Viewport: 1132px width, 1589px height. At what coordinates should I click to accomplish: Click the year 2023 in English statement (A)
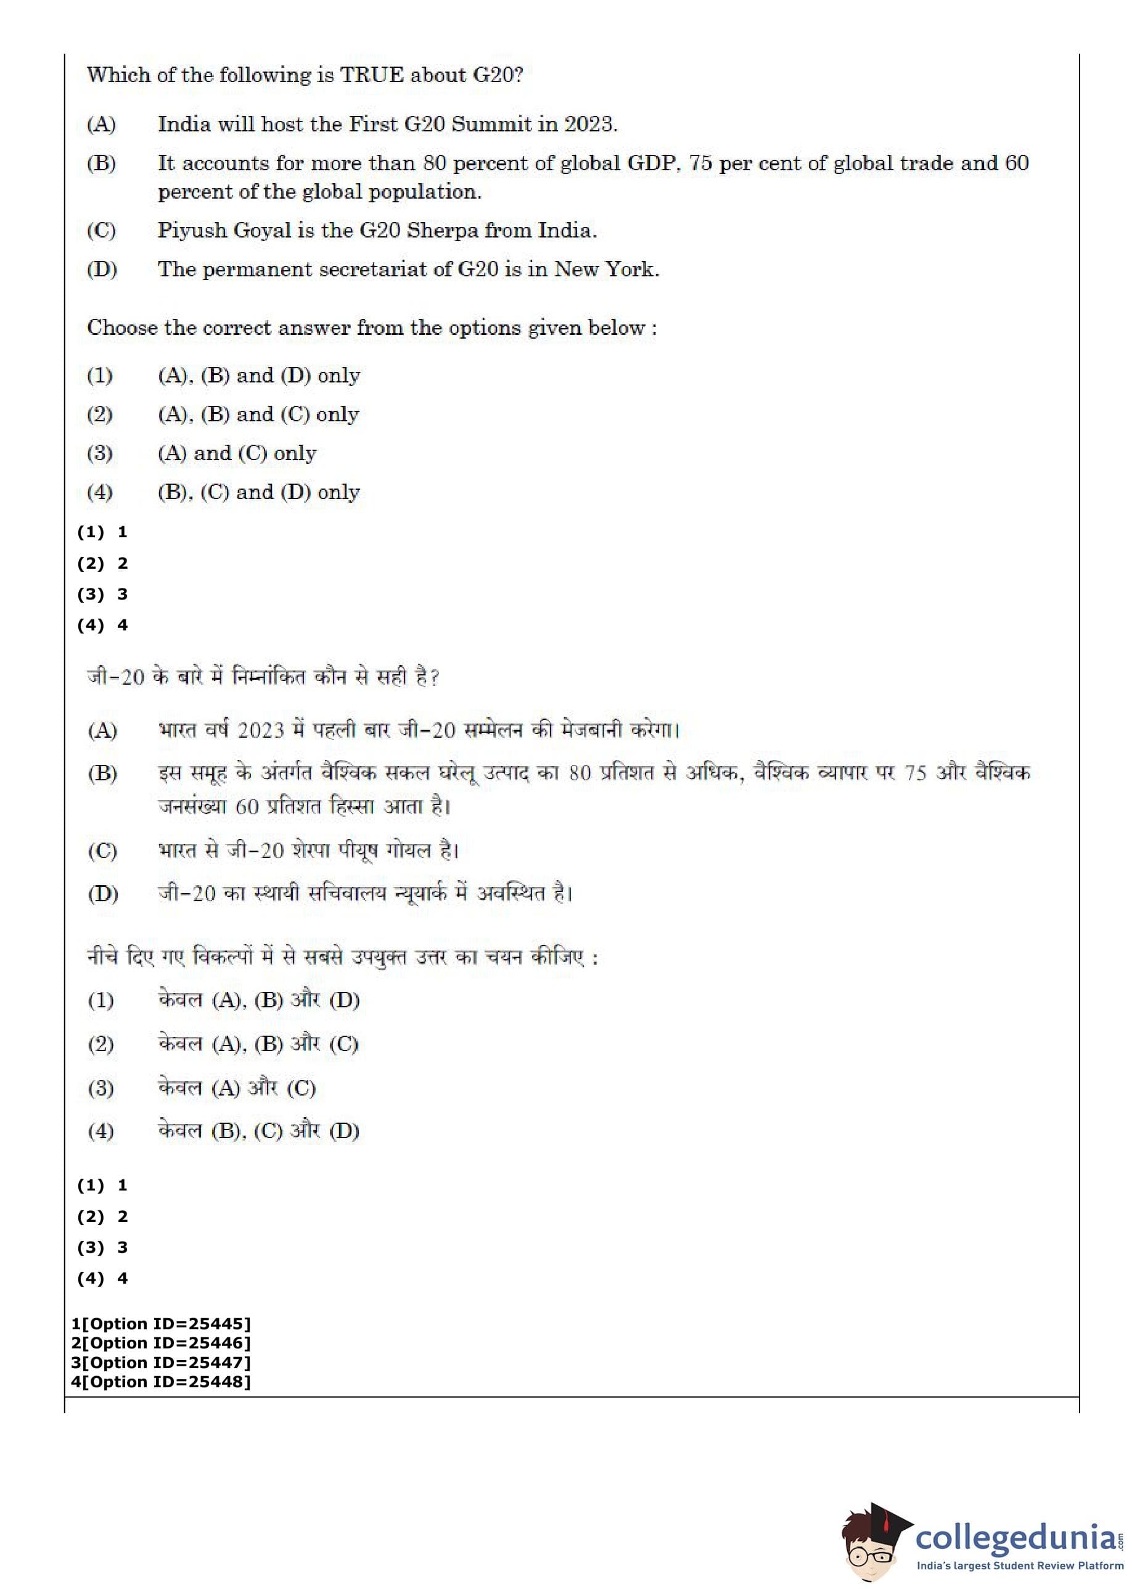[x=589, y=124]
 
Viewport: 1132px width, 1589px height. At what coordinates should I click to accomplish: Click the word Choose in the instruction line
[x=122, y=328]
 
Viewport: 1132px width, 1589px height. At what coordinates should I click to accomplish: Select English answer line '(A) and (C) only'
[x=237, y=453]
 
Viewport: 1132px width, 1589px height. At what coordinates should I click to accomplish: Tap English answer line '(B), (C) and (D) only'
[x=258, y=492]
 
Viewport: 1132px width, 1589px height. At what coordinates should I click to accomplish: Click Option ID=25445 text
[x=160, y=1323]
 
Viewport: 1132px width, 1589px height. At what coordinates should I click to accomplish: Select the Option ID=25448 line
[x=160, y=1381]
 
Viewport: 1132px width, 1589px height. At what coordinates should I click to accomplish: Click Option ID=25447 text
[x=160, y=1363]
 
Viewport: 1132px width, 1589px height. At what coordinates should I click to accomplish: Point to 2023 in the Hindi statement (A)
[x=261, y=731]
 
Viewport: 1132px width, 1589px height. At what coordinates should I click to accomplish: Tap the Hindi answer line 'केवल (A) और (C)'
[x=237, y=1088]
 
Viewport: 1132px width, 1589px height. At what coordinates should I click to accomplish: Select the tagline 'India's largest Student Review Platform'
[x=1020, y=1566]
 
